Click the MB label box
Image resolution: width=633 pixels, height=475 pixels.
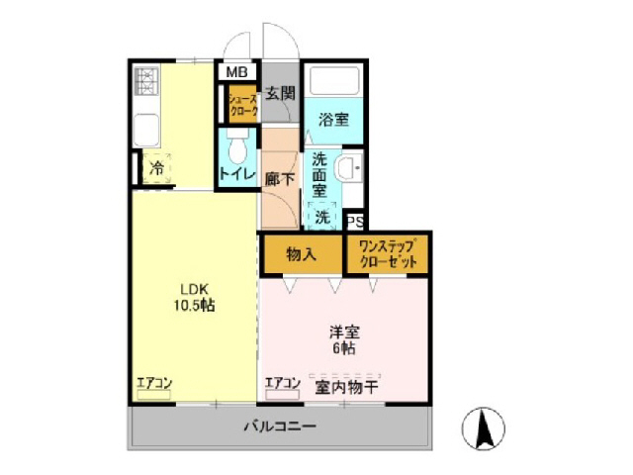coord(237,72)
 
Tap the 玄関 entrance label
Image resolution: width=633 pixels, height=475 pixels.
coord(281,94)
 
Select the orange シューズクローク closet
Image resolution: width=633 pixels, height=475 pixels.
coord(243,106)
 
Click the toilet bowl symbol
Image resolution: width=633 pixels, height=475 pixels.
coord(237,150)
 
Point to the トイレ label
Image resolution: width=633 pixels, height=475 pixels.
coord(237,175)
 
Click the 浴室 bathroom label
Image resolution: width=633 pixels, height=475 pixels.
coord(332,120)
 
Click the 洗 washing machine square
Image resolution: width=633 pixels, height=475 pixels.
coord(323,216)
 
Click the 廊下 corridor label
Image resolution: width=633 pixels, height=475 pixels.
coord(280,179)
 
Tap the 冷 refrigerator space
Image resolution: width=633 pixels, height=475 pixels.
coord(156,169)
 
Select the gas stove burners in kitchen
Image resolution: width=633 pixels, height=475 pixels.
coord(147,82)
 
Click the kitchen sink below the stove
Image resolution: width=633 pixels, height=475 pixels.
coord(147,128)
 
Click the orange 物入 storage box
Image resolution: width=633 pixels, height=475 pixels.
coord(302,254)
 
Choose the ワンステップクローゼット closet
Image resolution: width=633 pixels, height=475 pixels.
coord(387,254)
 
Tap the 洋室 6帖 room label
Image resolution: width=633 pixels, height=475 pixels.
coord(343,339)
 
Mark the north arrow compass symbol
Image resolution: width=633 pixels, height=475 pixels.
coord(486,427)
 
